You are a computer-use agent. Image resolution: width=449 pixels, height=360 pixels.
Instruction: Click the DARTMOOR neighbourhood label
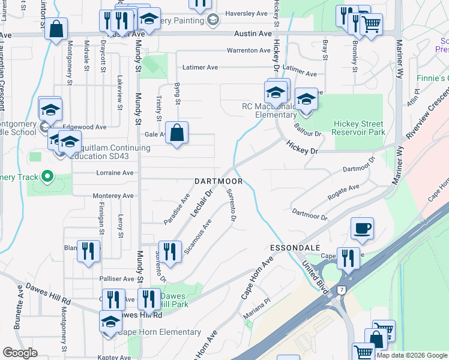(x=218, y=181)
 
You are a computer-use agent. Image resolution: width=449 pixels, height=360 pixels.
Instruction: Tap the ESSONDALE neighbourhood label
(x=295, y=247)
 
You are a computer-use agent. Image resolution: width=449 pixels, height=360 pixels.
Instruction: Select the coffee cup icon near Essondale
(x=362, y=229)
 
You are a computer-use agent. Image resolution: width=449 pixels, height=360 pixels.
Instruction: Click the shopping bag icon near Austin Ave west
(x=56, y=29)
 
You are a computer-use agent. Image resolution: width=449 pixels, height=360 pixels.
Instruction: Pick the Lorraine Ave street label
(x=115, y=173)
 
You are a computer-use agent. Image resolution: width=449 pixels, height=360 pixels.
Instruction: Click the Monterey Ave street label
(x=113, y=196)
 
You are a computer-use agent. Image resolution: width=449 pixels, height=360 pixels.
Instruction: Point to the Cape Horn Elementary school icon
(x=110, y=322)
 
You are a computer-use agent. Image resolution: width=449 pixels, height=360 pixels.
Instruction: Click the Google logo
(x=20, y=353)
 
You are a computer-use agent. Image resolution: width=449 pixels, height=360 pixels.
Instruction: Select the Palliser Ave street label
(x=120, y=279)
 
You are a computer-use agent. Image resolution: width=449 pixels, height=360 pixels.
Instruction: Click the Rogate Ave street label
(x=343, y=191)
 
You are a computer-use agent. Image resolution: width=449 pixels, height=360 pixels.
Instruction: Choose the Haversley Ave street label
(x=246, y=13)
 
